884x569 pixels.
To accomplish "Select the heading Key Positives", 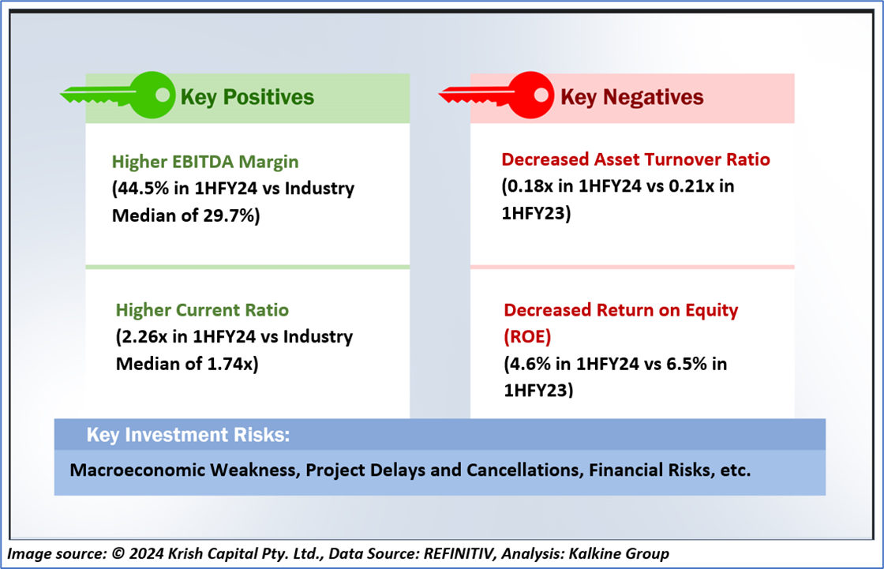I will pyautogui.click(x=247, y=97).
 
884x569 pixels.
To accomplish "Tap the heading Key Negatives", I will pyautogui.click(x=631, y=97).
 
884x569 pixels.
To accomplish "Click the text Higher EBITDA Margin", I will pyautogui.click(x=205, y=163).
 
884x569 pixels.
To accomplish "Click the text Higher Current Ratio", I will pyautogui.click(x=202, y=309).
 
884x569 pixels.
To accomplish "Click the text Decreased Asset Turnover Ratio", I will pyautogui.click(x=635, y=160).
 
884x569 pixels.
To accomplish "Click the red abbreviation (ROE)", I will pyautogui.click(x=527, y=337).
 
